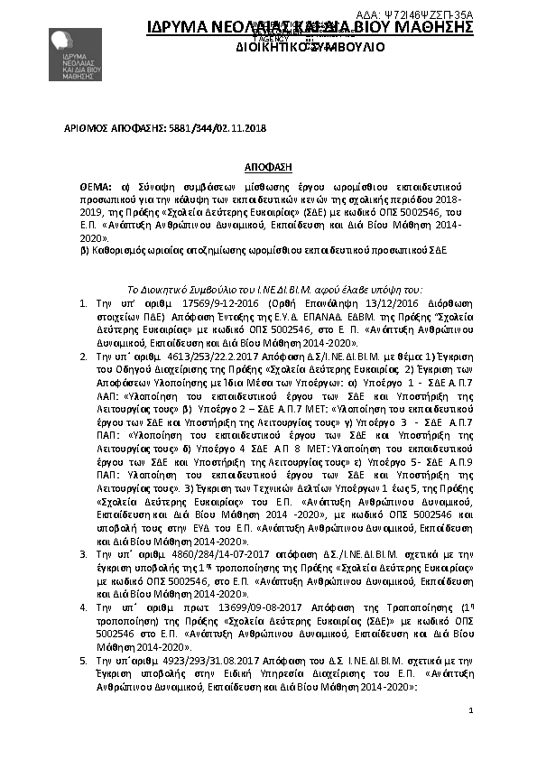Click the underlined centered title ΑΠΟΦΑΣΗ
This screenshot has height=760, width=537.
click(269, 168)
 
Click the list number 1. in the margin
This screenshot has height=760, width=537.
click(84, 294)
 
